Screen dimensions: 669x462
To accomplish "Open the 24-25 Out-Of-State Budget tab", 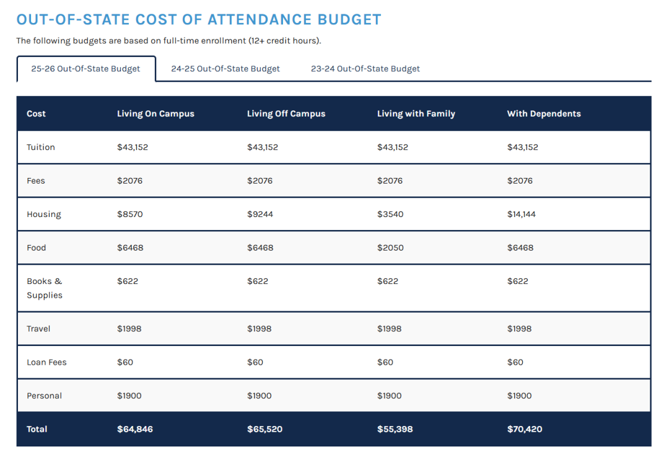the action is pos(225,69).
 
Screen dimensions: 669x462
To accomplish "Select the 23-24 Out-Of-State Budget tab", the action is pos(365,69).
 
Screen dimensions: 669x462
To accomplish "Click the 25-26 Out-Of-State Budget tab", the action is pos(85,69).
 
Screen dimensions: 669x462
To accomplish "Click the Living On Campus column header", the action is pos(155,113).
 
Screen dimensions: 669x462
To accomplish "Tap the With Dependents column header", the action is pos(544,113).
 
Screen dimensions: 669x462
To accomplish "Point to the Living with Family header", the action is pos(416,113).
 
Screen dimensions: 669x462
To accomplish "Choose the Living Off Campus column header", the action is pos(286,113).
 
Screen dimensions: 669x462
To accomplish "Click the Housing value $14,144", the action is pos(522,214).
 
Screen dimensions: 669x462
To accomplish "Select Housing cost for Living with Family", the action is pos(390,214).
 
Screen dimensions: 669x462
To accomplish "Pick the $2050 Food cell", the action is pos(390,247).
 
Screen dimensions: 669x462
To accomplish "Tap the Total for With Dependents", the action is pos(525,429).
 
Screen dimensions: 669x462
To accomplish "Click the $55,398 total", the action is pos(395,429).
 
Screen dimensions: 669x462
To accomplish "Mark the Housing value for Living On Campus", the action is pos(130,214).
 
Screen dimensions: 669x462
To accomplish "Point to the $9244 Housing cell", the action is pos(260,214).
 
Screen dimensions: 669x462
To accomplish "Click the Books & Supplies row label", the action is pos(45,288).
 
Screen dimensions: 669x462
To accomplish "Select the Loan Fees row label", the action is pos(46,362).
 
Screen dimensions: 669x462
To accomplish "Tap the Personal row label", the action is pos(45,396).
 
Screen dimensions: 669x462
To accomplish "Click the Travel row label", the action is pos(38,329).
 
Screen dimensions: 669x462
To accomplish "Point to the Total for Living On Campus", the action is pos(135,429).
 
